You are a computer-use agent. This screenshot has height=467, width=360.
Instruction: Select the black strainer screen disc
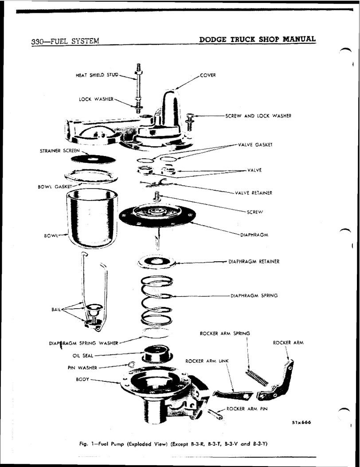(x=92, y=158)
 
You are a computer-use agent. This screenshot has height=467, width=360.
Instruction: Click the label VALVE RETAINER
(x=254, y=193)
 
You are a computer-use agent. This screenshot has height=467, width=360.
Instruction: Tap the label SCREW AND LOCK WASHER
(x=258, y=116)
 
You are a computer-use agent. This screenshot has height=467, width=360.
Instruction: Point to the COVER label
(x=207, y=75)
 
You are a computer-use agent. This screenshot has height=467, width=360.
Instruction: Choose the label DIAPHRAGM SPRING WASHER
(x=84, y=343)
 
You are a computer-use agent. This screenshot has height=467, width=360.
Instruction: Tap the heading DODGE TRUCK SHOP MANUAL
(x=258, y=39)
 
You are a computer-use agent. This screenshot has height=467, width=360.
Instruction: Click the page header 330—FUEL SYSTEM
(x=65, y=42)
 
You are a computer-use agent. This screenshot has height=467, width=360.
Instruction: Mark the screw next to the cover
(x=190, y=120)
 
